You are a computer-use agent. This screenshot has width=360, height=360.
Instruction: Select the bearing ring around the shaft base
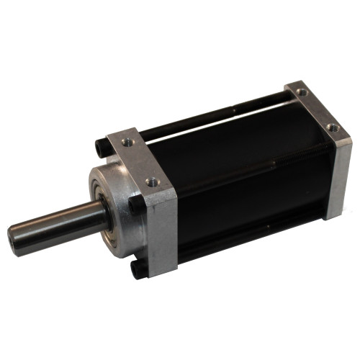(105, 208)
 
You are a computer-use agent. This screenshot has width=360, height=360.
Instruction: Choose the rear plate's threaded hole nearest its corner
(332, 127)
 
